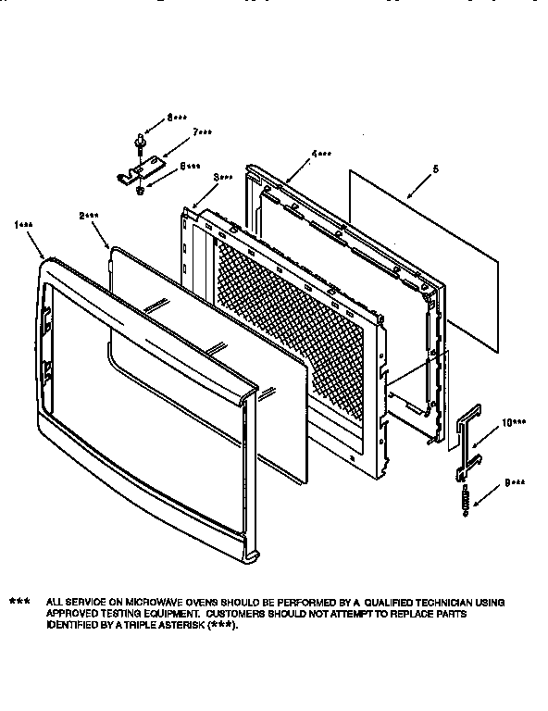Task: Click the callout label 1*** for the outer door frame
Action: (25, 224)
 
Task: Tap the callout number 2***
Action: (89, 215)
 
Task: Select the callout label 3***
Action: (222, 176)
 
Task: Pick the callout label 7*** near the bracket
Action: (203, 133)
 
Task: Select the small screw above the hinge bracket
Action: (140, 140)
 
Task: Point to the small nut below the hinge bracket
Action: (140, 191)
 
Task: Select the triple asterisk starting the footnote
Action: (19, 602)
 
